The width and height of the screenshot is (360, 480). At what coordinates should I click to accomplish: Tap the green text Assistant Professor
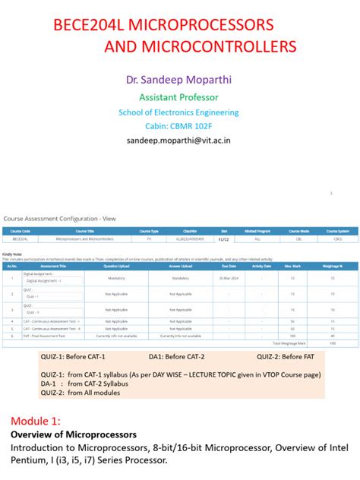[178, 97]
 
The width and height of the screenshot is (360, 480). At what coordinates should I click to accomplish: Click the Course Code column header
[21, 231]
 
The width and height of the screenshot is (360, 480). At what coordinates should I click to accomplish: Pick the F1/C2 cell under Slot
[223, 238]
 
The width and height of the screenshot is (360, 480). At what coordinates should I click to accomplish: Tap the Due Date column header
[229, 267]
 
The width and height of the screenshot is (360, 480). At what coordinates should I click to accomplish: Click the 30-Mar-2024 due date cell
[229, 278]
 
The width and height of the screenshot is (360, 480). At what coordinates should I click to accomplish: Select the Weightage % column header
[331, 267]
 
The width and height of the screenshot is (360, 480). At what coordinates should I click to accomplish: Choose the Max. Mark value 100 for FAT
[292, 335]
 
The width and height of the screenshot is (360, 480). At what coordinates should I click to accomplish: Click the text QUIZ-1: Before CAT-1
[73, 357]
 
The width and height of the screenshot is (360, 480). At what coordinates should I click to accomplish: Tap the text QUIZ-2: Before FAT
[289, 357]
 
